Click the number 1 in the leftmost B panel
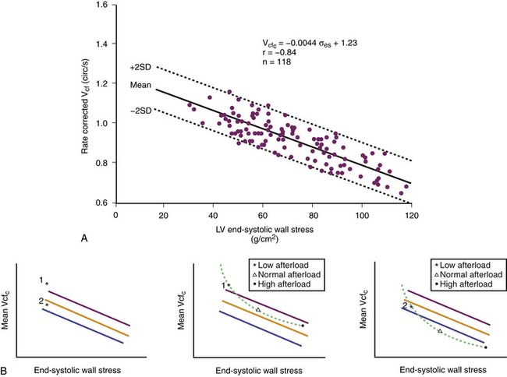tap(41, 280)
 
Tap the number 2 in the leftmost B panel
tap(41, 301)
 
